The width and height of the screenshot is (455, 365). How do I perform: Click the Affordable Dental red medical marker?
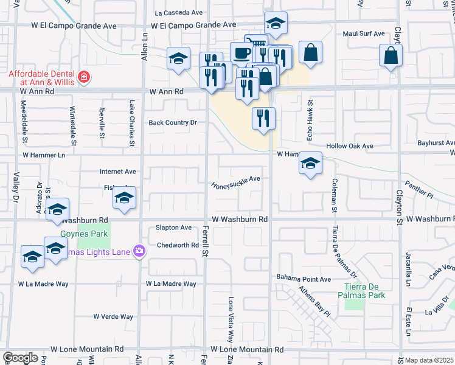(x=83, y=78)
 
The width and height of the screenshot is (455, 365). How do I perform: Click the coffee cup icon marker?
(x=241, y=52)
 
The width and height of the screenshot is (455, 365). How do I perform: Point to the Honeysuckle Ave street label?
(x=236, y=182)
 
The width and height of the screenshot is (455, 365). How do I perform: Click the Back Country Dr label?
(x=173, y=122)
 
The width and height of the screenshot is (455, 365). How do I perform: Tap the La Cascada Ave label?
(x=179, y=12)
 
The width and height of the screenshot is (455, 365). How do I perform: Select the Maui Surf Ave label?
(x=364, y=34)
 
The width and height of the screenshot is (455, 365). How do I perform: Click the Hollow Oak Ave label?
(x=350, y=146)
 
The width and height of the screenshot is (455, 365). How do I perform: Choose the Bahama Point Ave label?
(x=304, y=278)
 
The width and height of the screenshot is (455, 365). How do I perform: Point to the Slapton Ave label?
(x=173, y=227)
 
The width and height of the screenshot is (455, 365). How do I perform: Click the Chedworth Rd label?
(x=178, y=245)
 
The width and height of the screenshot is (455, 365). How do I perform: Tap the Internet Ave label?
(x=119, y=172)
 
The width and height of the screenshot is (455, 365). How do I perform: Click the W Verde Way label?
(x=113, y=316)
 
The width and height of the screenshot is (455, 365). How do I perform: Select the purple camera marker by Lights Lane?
(x=140, y=251)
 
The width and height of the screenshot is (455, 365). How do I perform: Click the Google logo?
(x=20, y=358)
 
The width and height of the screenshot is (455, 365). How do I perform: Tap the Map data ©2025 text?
(x=429, y=360)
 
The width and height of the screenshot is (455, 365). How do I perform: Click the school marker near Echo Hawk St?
(x=310, y=164)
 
